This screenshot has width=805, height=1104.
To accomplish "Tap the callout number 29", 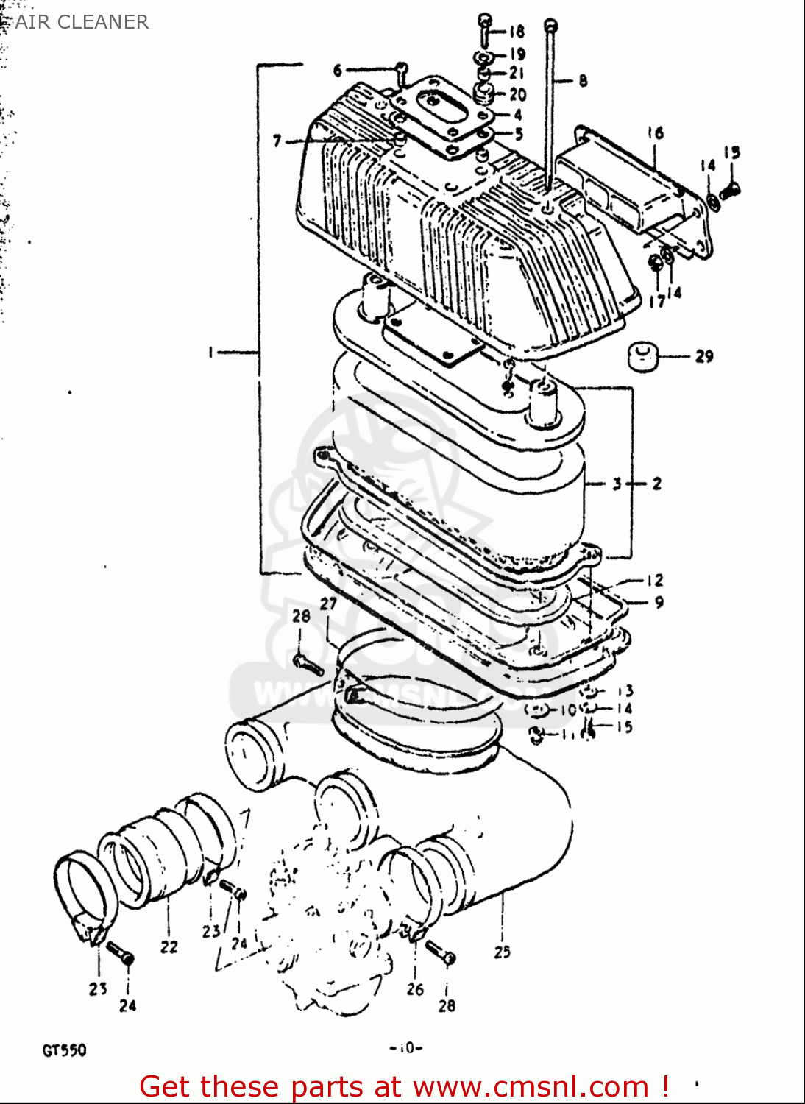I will [x=704, y=356].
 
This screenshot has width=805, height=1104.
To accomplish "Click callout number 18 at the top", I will [x=517, y=31].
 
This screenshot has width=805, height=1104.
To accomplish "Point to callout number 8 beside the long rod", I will [x=583, y=81].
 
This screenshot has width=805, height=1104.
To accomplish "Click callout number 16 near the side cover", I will [x=655, y=132].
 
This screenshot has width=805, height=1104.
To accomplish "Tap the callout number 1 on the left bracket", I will [x=210, y=353].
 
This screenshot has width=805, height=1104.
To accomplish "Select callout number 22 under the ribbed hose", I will [x=169, y=946].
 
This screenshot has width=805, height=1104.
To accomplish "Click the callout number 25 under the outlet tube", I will [x=502, y=952].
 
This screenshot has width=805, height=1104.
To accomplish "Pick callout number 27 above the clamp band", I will [x=328, y=604].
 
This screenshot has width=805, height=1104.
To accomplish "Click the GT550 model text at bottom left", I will [x=64, y=1050].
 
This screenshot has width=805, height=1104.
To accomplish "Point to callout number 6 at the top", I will [x=338, y=71].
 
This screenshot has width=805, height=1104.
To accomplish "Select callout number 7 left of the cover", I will [x=277, y=140].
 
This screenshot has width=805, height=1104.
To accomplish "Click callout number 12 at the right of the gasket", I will [x=655, y=580].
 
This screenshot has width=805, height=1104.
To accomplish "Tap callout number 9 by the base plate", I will [x=659, y=602].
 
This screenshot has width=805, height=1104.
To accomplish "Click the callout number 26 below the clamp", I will [x=415, y=989].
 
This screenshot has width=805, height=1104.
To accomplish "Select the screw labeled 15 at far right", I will [x=728, y=190].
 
